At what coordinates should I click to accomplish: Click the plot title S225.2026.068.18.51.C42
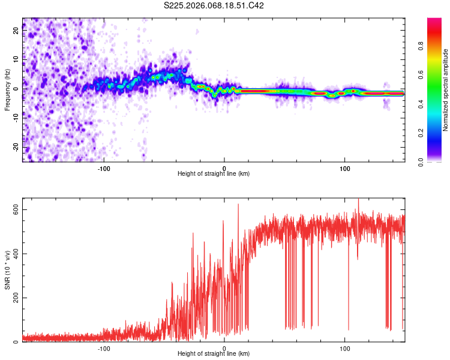pyautogui.click(x=214, y=5)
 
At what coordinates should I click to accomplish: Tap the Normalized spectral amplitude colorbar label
pyautogui.click(x=446, y=90)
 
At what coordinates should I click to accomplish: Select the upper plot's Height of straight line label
pyautogui.click(x=214, y=173)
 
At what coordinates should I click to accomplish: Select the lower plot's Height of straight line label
pyautogui.click(x=214, y=353)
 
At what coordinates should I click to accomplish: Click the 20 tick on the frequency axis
pyautogui.click(x=16, y=31)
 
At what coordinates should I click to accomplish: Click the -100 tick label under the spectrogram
pyautogui.click(x=104, y=167)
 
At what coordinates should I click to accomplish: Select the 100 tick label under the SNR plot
pyautogui.click(x=345, y=347)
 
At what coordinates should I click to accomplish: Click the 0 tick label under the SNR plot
pyautogui.click(x=224, y=347)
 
